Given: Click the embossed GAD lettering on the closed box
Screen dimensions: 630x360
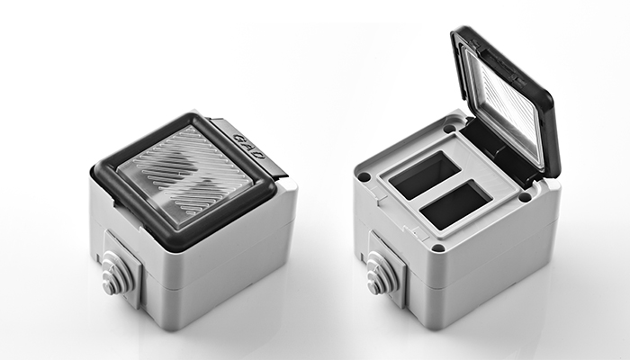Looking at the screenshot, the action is click(x=249, y=146).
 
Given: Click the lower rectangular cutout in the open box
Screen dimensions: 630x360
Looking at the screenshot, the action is click(x=456, y=204).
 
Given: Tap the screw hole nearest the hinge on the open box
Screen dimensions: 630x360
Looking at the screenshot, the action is click(x=450, y=129).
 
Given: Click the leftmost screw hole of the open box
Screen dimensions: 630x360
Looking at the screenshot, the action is click(x=364, y=176).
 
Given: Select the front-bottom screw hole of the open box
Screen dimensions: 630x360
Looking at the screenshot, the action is click(x=438, y=247).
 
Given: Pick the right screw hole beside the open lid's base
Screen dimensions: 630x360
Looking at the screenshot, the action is click(x=525, y=197).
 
